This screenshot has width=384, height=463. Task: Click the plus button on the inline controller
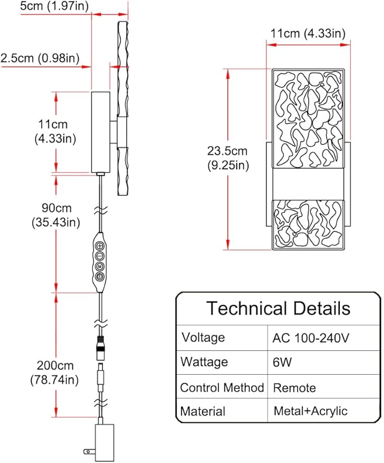[100, 246]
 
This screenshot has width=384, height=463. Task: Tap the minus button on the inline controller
[100, 256]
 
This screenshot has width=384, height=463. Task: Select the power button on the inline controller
[100, 277]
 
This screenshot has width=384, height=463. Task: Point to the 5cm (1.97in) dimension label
[54, 6]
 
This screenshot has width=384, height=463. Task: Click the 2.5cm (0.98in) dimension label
[40, 58]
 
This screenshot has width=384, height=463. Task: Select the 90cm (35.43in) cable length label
[56, 215]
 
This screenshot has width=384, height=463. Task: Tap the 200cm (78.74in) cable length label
[54, 372]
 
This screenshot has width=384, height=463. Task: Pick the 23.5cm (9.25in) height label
[228, 158]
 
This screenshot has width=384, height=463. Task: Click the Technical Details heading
[278, 308]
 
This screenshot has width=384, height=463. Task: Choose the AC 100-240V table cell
[310, 338]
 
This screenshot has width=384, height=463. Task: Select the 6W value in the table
[282, 362]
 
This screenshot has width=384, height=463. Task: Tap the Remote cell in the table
[294, 388]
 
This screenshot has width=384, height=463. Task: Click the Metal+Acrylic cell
[310, 411]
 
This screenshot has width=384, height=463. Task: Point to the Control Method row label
[222, 388]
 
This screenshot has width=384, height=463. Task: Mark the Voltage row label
[203, 337]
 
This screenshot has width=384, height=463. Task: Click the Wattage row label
[204, 362]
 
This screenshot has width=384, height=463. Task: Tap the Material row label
[203, 411]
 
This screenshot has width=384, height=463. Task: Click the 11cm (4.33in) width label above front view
[308, 33]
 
